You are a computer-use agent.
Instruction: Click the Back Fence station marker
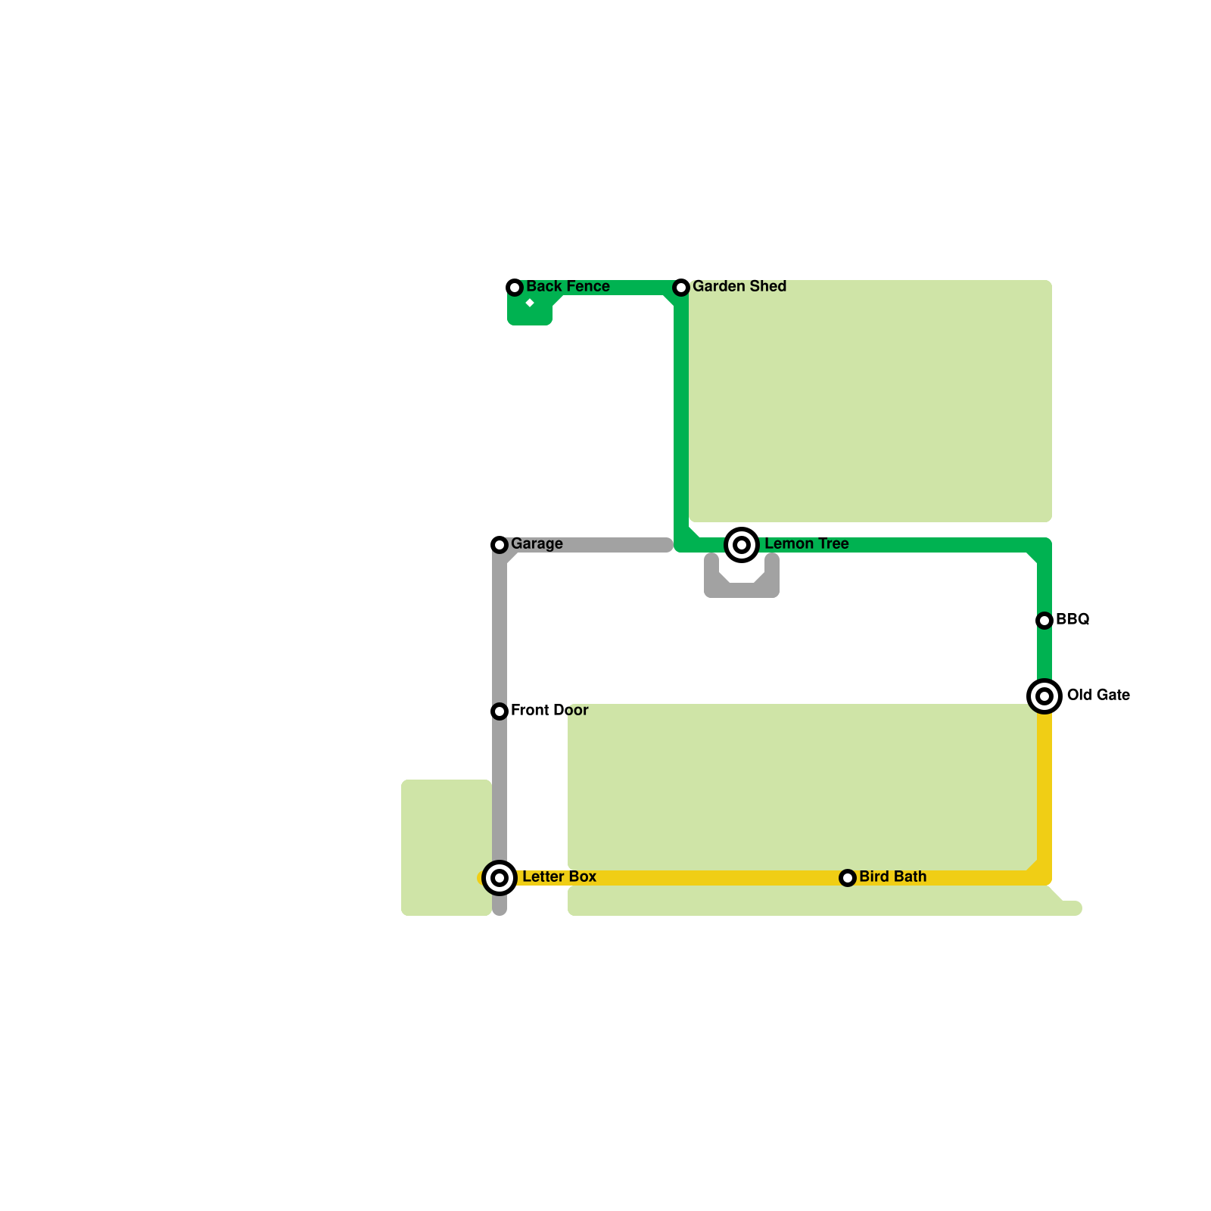(x=515, y=288)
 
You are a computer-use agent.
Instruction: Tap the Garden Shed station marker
(x=681, y=288)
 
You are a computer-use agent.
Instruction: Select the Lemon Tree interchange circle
(x=742, y=545)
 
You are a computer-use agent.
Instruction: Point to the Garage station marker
(x=500, y=545)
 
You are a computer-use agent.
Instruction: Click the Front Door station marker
(x=500, y=711)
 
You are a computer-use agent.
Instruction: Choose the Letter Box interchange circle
(x=500, y=878)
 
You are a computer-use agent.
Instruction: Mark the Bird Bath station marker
(x=848, y=878)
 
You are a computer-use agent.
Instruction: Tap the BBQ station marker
(x=1044, y=621)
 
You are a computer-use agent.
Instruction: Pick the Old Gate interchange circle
(x=1044, y=696)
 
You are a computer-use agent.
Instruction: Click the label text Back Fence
(x=568, y=286)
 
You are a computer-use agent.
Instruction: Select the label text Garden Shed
(x=739, y=286)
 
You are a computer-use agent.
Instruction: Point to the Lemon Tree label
(x=806, y=543)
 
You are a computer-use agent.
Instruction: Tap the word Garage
(x=537, y=543)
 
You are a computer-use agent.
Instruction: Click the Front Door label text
(x=549, y=710)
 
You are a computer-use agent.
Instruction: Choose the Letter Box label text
(x=559, y=876)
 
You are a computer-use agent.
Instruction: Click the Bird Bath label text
(x=892, y=876)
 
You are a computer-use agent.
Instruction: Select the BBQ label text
(x=1072, y=619)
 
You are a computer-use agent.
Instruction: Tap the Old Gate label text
(x=1097, y=695)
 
